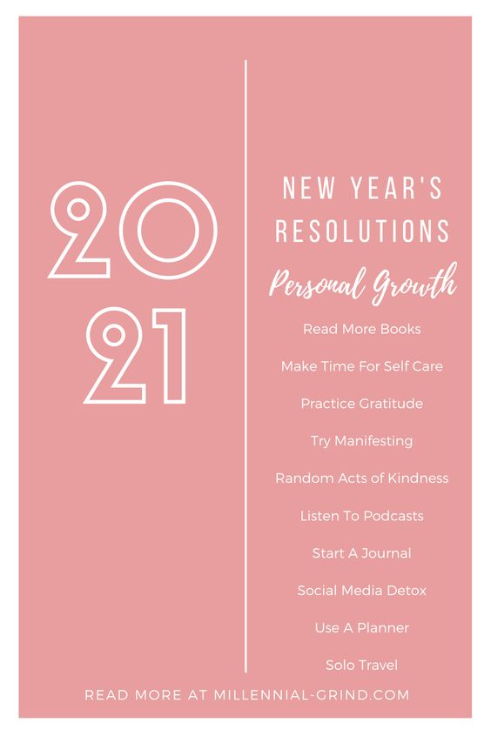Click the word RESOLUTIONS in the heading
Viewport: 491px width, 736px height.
coord(362,231)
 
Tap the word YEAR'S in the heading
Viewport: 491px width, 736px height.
coord(396,187)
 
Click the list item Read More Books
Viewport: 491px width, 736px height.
coord(362,329)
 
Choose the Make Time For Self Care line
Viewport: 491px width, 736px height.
coord(362,366)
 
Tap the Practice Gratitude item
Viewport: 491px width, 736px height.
coord(362,404)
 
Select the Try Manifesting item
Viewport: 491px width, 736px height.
coord(362,441)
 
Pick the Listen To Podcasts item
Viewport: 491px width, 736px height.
coord(362,516)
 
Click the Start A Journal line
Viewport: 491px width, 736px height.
coord(362,553)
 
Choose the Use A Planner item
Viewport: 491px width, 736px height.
coord(362,627)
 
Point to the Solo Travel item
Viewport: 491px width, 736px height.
coord(362,665)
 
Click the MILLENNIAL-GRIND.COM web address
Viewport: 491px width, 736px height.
coord(312,695)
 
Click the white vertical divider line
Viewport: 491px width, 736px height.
coord(245,366)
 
